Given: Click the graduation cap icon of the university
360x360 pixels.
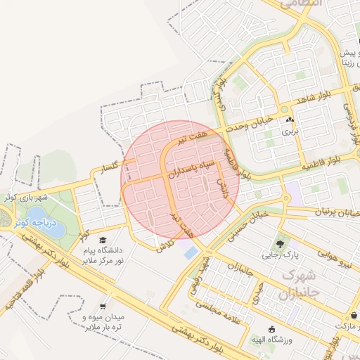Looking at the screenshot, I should (x=103, y=240).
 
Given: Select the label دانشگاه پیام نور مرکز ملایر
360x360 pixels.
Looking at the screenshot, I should (x=103, y=255).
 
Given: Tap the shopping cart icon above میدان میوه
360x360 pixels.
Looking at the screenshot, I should (x=103, y=307).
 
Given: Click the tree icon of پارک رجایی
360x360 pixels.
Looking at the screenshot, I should (x=281, y=244).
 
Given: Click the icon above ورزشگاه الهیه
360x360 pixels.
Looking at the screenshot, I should (x=273, y=328).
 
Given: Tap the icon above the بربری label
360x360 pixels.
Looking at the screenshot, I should (x=290, y=120).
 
